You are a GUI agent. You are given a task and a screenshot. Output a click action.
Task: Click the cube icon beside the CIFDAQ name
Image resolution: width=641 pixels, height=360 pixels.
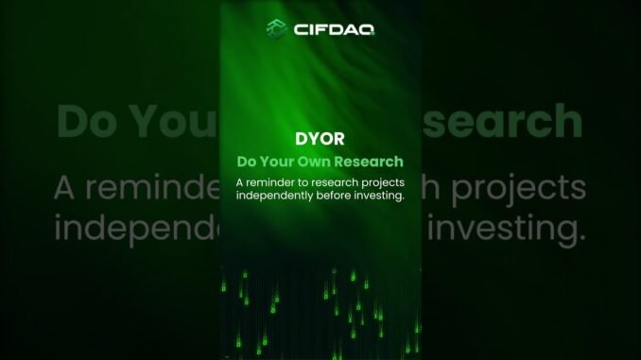[276, 28]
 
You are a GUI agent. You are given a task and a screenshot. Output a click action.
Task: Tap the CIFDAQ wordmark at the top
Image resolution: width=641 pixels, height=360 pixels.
[333, 29]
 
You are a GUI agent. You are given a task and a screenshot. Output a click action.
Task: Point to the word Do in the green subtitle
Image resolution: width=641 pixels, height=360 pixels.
[246, 162]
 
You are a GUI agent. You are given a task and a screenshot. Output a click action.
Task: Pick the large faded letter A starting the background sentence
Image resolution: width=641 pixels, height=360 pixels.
[65, 186]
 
